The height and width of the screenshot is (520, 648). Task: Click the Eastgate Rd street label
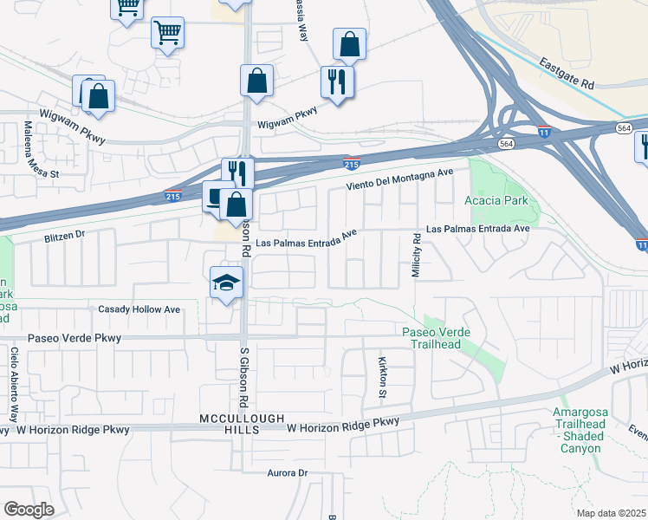[x=566, y=74]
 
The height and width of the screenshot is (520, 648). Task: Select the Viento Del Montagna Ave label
[x=399, y=180]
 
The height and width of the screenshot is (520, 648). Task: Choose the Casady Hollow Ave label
[x=139, y=309]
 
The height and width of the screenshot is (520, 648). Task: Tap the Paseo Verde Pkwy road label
[x=75, y=338]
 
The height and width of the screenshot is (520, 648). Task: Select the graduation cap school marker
[x=227, y=283]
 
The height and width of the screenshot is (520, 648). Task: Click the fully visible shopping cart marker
[x=167, y=33]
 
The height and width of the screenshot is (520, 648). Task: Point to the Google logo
[x=29, y=510]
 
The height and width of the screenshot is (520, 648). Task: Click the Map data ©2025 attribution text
[x=612, y=513]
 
